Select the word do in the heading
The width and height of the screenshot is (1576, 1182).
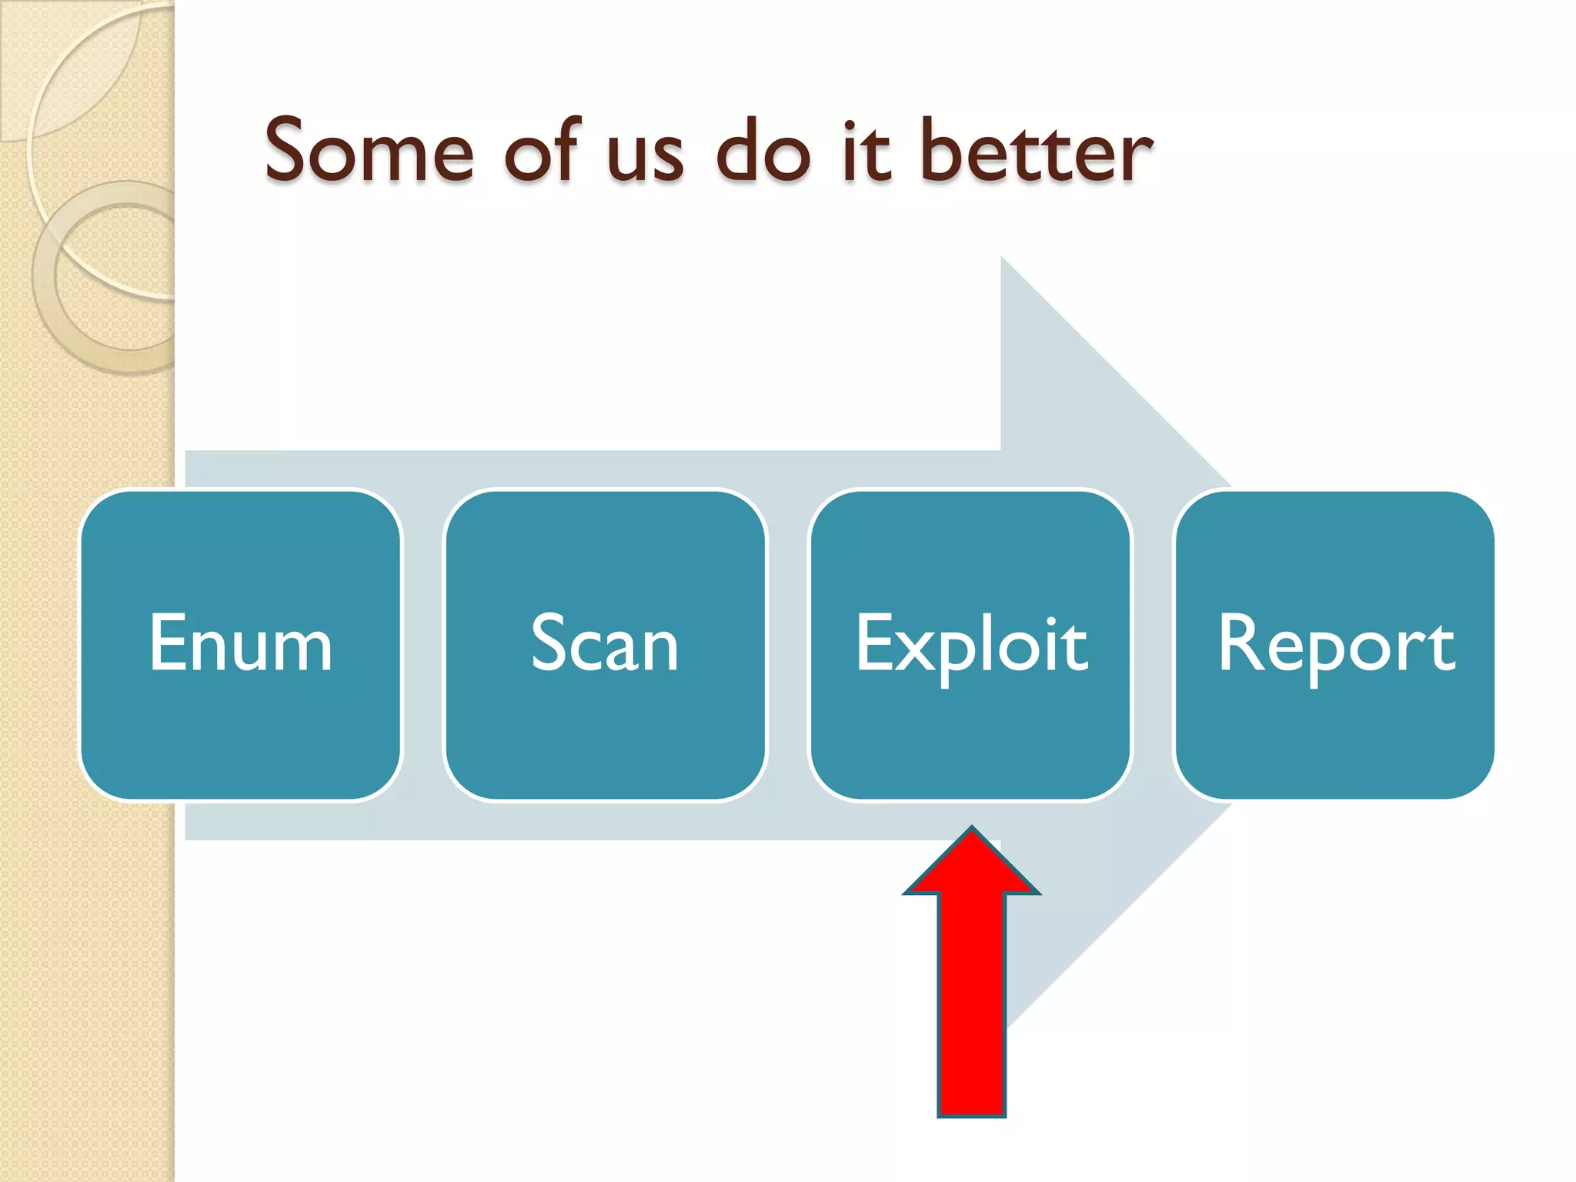click(763, 152)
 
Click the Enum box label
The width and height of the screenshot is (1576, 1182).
click(241, 643)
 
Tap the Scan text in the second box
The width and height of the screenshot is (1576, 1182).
click(605, 643)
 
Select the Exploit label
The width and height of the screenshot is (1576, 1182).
click(971, 645)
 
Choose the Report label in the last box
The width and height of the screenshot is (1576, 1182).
click(1336, 645)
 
